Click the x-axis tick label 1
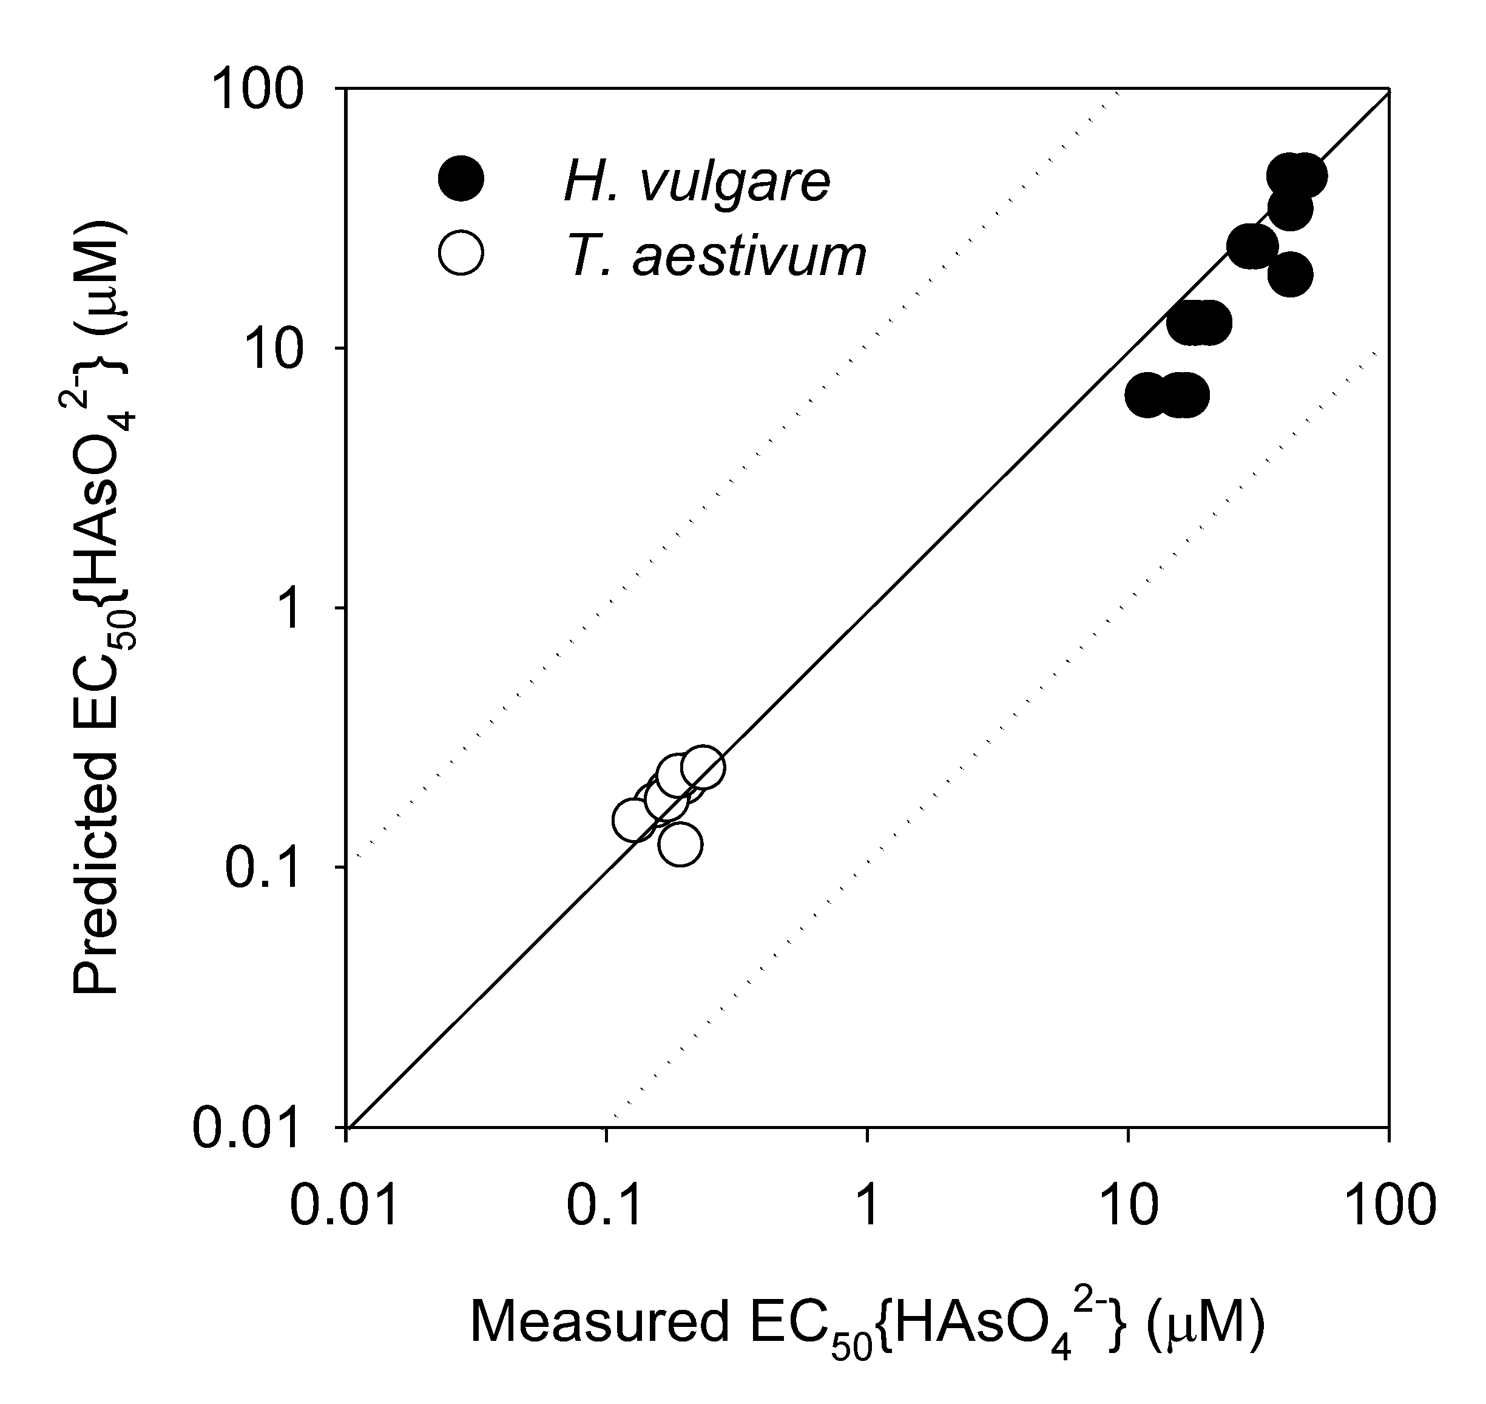pyautogui.click(x=867, y=1207)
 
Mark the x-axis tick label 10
pyautogui.click(x=1127, y=1207)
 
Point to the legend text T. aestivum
pyautogui.click(x=715, y=256)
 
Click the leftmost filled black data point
pyautogui.click(x=1147, y=396)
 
